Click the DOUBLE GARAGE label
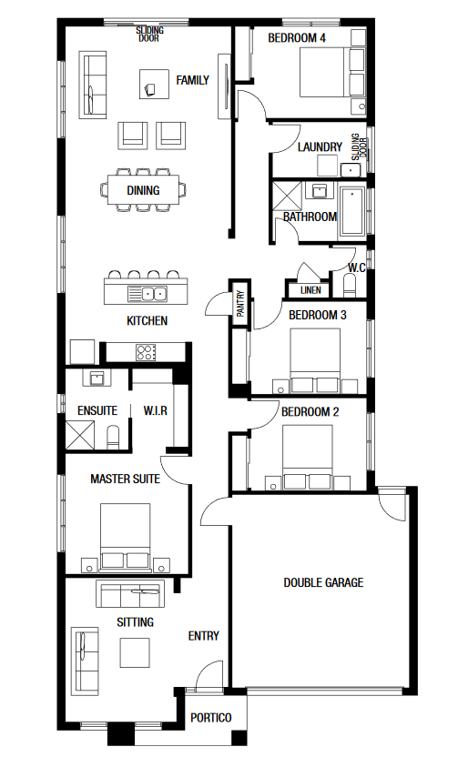point(323,582)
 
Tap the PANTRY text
point(240,304)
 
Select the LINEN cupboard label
point(310,290)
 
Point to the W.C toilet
point(350,286)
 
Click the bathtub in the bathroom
point(351,212)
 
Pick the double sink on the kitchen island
point(154,294)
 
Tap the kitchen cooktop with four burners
point(146,352)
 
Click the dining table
point(143,190)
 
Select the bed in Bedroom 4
point(331,72)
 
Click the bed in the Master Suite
point(126,536)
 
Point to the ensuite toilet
point(113,437)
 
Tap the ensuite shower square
point(80,435)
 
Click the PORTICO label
point(211,718)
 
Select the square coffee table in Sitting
point(135,652)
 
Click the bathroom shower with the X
point(287,197)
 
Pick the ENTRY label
point(204,635)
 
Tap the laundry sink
point(351,170)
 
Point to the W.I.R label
point(155,410)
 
